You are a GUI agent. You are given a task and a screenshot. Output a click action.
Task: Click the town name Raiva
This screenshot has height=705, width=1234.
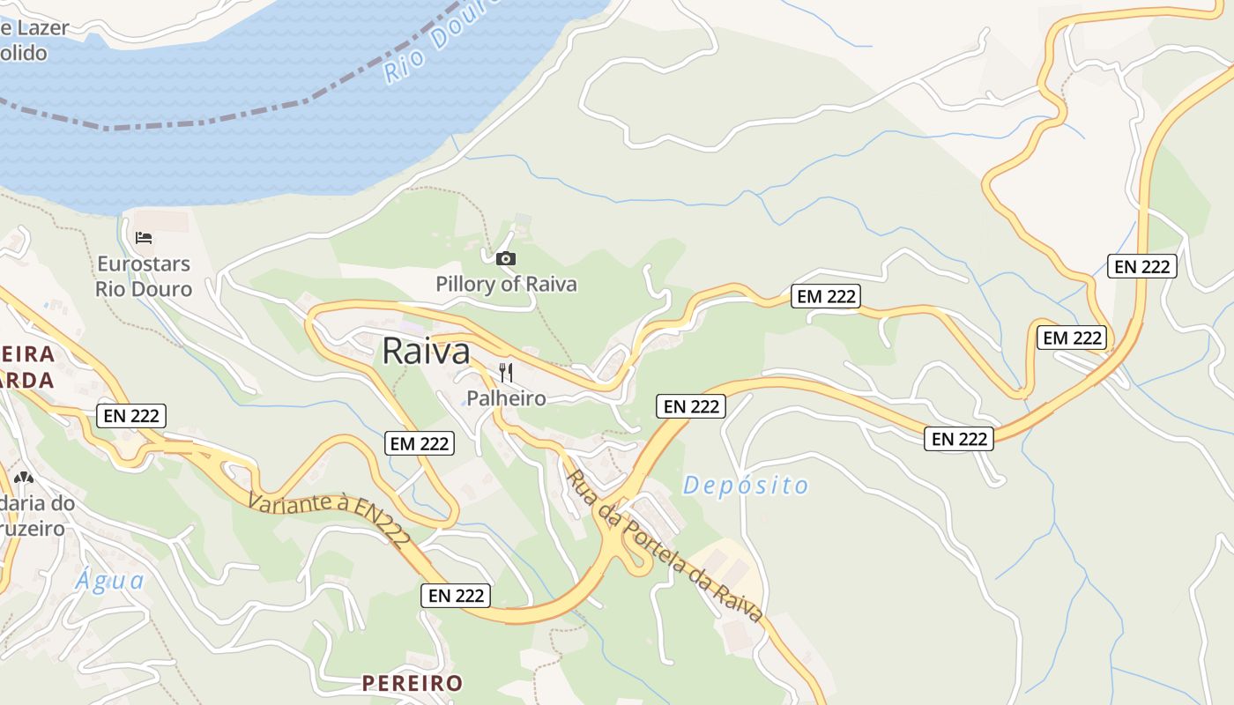[426, 352]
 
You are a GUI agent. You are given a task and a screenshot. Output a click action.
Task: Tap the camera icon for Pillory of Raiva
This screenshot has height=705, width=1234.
[506, 258]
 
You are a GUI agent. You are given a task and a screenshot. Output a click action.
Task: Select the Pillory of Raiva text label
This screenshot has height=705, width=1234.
[506, 284]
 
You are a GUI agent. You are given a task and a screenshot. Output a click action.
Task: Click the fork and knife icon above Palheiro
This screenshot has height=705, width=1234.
[506, 373]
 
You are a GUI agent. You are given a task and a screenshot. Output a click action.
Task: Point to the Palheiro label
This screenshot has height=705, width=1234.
[506, 398]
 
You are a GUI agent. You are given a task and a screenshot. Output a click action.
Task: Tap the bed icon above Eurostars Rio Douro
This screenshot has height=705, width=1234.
[144, 238]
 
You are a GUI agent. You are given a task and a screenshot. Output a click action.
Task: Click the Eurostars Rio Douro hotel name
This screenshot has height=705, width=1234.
[144, 276]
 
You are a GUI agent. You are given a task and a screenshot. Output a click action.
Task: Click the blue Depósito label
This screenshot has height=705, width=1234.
[746, 486]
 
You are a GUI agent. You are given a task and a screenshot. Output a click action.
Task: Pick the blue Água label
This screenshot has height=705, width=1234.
[109, 581]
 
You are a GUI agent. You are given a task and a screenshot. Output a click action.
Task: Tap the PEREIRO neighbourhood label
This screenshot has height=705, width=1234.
[413, 683]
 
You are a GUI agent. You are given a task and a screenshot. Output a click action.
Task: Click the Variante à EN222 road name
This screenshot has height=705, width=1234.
[330, 519]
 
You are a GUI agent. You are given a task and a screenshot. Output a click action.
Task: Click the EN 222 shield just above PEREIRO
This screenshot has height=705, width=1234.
[456, 596]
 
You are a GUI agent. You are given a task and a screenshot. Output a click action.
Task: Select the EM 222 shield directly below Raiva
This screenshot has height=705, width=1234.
[420, 443]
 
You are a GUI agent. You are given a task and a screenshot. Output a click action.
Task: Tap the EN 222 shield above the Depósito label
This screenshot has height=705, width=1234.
[691, 406]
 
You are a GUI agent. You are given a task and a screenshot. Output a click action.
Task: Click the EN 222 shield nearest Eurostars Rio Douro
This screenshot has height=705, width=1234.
[131, 416]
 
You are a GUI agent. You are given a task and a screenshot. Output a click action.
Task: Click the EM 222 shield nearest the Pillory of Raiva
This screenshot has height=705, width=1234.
[826, 296]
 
